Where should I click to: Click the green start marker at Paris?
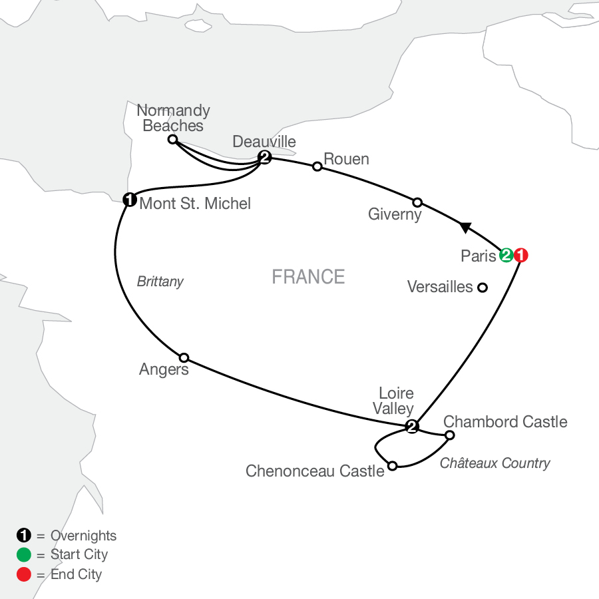[x=506, y=256]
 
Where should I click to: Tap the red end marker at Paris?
[x=521, y=256]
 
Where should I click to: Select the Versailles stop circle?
[x=483, y=288]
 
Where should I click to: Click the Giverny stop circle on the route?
[x=417, y=202]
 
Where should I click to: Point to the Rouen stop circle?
[x=317, y=166]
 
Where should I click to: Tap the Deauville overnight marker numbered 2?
[x=264, y=158]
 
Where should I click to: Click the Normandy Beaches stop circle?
[x=172, y=139]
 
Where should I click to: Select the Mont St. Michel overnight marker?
[x=130, y=198]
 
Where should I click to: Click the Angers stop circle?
[x=184, y=357]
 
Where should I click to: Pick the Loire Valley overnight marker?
[x=412, y=427]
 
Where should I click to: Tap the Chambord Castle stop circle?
[x=449, y=435]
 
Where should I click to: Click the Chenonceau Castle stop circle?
[x=393, y=466]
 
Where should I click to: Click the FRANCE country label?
[x=308, y=277]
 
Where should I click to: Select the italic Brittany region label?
[x=160, y=282]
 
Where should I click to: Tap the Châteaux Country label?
[x=495, y=463]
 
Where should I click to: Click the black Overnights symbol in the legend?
[x=23, y=536]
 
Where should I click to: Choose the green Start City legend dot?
[x=23, y=554]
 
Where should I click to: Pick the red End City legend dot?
[x=23, y=574]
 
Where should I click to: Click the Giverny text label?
[x=395, y=215]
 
